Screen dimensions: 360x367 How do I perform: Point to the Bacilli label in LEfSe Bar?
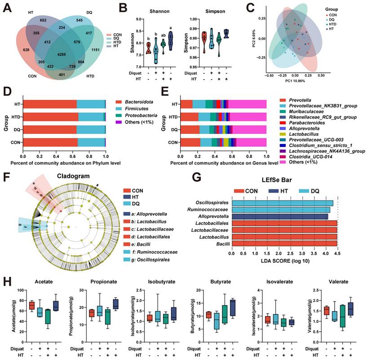coord(220,243)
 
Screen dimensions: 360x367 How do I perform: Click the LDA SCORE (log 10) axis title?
coord(284,261)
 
